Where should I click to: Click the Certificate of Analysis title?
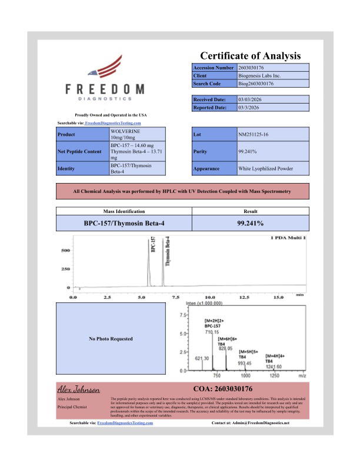[250, 56]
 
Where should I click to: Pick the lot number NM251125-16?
[255, 135]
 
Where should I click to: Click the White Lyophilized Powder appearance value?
[265, 168]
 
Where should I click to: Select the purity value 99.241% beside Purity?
[246, 151]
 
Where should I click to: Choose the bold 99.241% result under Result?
[246, 223]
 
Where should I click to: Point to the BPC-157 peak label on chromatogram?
[153, 245]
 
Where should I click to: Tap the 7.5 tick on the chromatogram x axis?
[175, 297]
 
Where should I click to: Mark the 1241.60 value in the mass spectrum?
[275, 366]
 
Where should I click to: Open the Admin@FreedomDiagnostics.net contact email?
[261, 422]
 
